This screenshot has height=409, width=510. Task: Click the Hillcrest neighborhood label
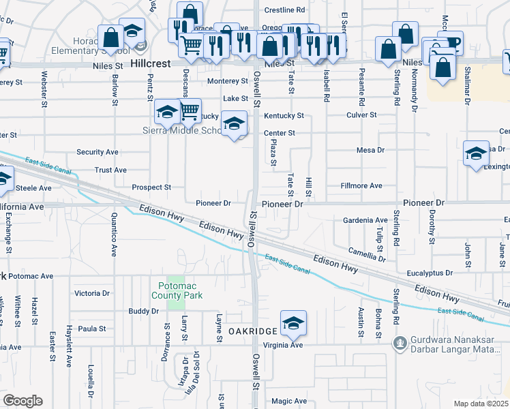click(151, 61)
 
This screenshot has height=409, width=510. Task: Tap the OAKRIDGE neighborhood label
click(252, 331)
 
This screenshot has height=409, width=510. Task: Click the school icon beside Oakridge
click(294, 322)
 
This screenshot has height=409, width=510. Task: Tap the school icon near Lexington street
click(476, 152)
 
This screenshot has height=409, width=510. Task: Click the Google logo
click(22, 401)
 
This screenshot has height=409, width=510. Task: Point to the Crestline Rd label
click(284, 10)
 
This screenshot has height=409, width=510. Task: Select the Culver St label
click(361, 115)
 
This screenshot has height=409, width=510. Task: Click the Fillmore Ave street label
click(361, 185)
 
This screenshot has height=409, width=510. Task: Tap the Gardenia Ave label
click(365, 220)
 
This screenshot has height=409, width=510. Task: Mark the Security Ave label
click(97, 152)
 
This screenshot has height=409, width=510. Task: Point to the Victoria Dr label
click(92, 293)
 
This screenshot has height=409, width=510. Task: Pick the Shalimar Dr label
click(468, 89)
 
